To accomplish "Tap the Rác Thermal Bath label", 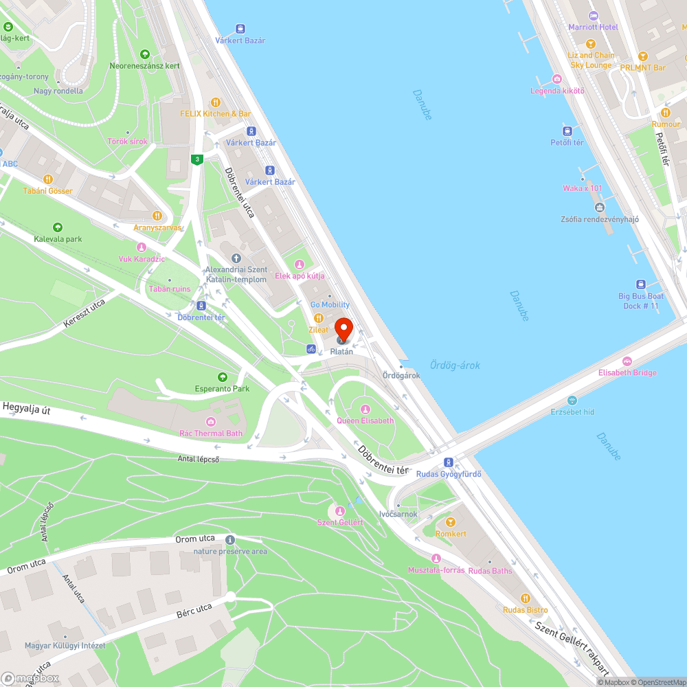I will pyautogui.click(x=211, y=433).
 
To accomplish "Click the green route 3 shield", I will pyautogui.click(x=197, y=159).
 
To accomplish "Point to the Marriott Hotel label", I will pyautogui.click(x=593, y=27).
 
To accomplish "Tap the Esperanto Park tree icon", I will pyautogui.click(x=222, y=377).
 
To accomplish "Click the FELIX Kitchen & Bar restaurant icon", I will pyautogui.click(x=215, y=102).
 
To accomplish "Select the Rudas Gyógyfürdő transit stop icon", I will pyautogui.click(x=448, y=462).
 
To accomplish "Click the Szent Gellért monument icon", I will pyautogui.click(x=339, y=510).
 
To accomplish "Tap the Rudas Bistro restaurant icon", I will pyautogui.click(x=526, y=598).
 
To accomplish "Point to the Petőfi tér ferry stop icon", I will pyautogui.click(x=567, y=131).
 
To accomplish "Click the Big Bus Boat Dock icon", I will pyautogui.click(x=640, y=284).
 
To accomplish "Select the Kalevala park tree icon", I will pyautogui.click(x=58, y=227).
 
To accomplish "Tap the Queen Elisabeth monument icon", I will pyautogui.click(x=365, y=409).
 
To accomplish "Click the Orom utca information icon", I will pyautogui.click(x=229, y=540).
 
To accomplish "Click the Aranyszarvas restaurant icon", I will pyautogui.click(x=157, y=216).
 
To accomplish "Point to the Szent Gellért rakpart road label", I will pyautogui.click(x=573, y=643).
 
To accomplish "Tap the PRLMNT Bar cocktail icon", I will pyautogui.click(x=643, y=56).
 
